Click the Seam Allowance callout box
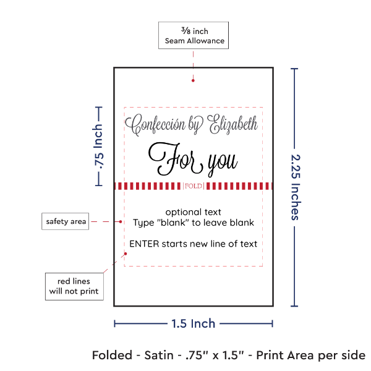[x=194, y=36]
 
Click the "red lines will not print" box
[x=74, y=285]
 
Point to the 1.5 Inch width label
[x=194, y=323]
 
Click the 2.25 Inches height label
[x=295, y=185]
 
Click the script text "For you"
[x=192, y=160]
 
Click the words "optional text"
[x=193, y=212]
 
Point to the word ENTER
[x=145, y=244]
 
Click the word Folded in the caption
[x=113, y=355]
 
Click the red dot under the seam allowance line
[x=194, y=80]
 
